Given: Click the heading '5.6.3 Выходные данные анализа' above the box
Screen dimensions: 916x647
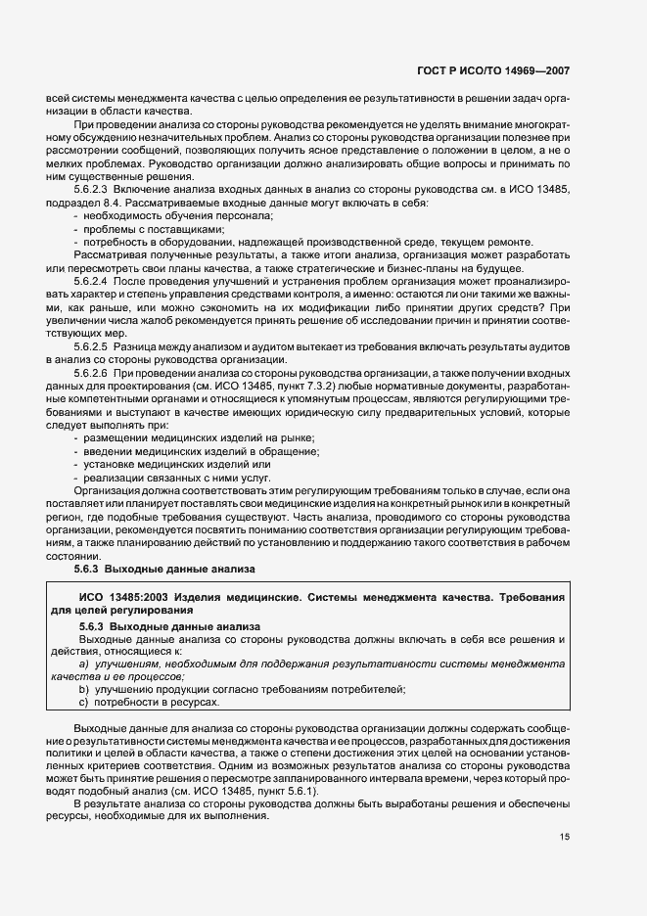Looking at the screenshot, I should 164,568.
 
